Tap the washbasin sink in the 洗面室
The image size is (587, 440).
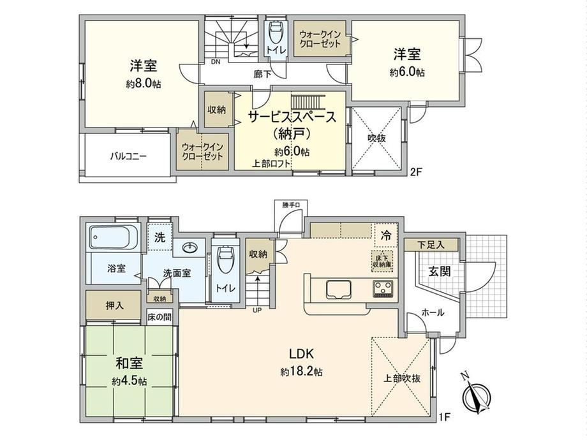[191, 247]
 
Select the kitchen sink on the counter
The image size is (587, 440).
[338, 290]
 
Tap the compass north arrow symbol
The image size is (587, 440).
[476, 394]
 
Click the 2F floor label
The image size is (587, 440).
[416, 172]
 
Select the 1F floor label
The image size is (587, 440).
[445, 416]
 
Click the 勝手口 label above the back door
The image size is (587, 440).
[291, 205]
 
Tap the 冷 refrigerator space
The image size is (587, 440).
[385, 236]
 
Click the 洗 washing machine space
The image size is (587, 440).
[160, 237]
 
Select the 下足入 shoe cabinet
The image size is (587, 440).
[431, 245]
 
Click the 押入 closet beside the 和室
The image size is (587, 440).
[115, 305]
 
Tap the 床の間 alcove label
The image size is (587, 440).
[159, 318]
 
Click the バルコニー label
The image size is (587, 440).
[128, 156]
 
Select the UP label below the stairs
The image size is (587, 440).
[257, 310]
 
